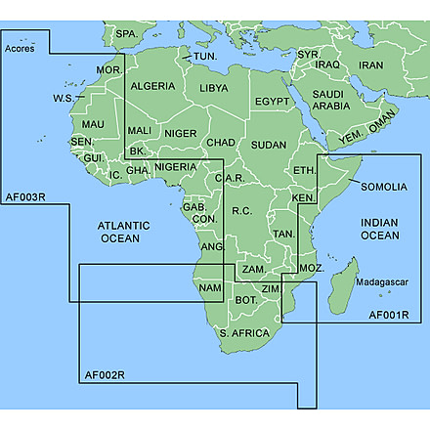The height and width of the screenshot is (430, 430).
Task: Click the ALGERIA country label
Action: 152,86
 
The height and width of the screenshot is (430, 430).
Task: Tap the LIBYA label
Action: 213,88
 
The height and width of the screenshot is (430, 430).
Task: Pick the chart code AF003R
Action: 25,198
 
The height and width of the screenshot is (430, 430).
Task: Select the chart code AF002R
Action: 105,375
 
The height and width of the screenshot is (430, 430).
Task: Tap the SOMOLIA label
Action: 384,186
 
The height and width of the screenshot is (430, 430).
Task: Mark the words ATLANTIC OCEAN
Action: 119,232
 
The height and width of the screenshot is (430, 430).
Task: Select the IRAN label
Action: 371,65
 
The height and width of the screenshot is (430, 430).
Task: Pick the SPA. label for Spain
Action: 126,34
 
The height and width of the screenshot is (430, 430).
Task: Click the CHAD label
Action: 221,144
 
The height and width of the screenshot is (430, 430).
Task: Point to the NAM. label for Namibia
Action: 209,288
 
